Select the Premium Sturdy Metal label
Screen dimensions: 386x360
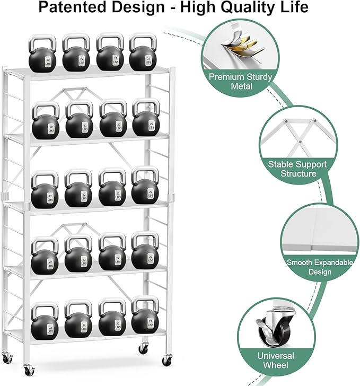tap(241, 82)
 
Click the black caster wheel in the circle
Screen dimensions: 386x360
tap(268, 333)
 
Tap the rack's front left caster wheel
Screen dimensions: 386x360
tap(27, 370)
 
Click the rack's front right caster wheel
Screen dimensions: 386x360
tap(166, 361)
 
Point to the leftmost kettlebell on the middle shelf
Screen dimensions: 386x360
tap(44, 192)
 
